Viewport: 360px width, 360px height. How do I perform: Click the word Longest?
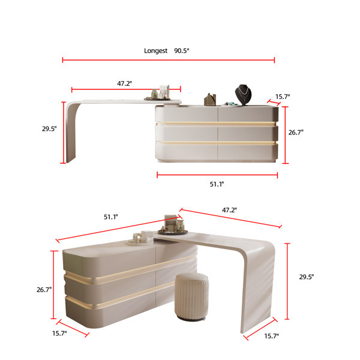(x=156, y=51)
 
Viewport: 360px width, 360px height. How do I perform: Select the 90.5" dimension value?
(x=182, y=51)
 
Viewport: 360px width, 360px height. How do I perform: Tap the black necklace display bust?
(x=242, y=95)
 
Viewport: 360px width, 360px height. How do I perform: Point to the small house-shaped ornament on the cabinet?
(x=210, y=99)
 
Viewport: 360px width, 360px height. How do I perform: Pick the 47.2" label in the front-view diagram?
(x=125, y=83)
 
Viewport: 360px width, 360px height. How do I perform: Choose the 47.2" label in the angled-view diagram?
(x=229, y=210)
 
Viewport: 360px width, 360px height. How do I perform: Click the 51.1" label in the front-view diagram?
(x=217, y=184)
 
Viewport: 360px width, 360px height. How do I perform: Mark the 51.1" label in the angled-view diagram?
(x=110, y=217)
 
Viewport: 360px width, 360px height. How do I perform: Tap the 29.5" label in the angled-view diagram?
(x=307, y=277)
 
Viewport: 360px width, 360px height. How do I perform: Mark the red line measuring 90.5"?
(x=168, y=60)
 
